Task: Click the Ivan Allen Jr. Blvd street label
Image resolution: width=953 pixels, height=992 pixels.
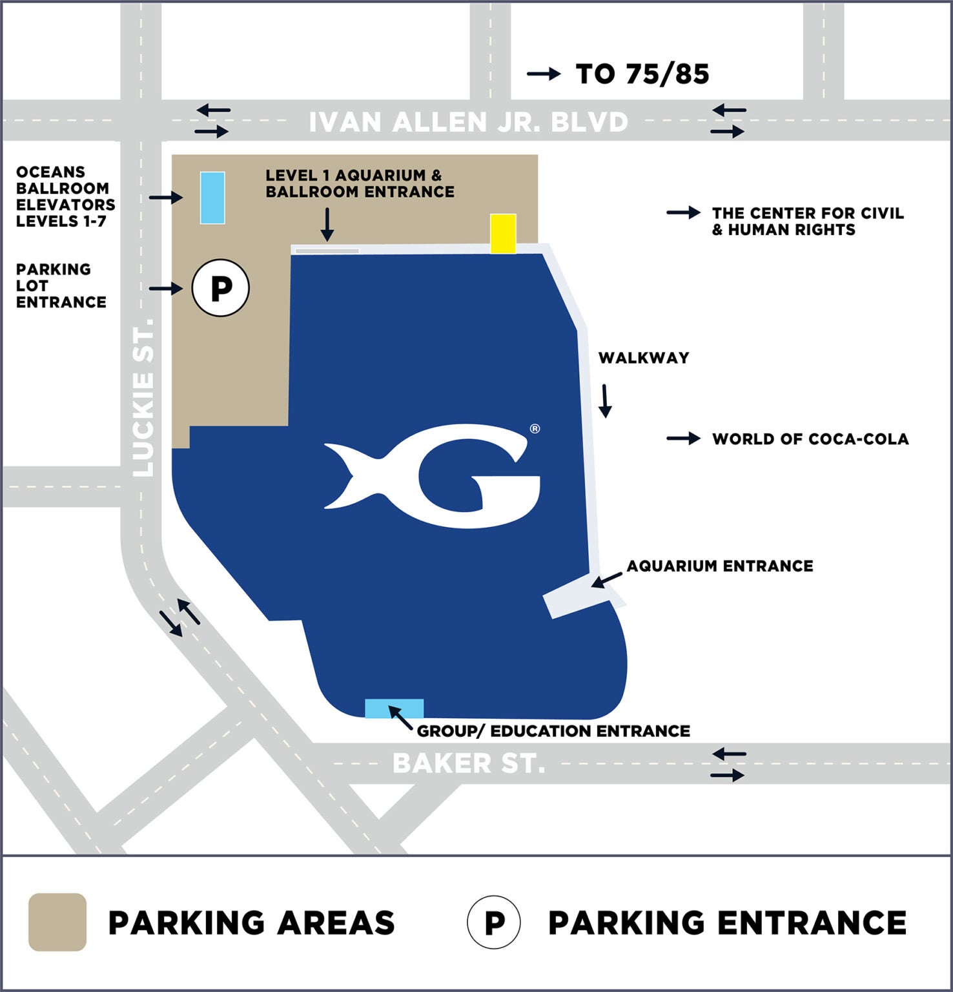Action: (x=468, y=122)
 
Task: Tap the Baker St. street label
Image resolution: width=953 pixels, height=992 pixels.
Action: (x=469, y=763)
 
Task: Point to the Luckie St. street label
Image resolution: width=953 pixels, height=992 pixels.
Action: (x=143, y=397)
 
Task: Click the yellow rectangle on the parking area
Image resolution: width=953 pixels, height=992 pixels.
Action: (x=503, y=233)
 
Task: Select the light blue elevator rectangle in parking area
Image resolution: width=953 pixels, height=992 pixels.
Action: (x=212, y=198)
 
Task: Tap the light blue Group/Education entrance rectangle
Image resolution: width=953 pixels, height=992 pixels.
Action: (x=395, y=708)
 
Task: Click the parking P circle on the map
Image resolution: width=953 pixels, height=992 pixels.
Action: (x=221, y=287)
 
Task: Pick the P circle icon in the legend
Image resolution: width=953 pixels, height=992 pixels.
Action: (x=494, y=922)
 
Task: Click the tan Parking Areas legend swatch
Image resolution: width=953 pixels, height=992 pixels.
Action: (x=57, y=922)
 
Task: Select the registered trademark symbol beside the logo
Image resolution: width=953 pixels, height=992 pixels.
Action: (x=535, y=429)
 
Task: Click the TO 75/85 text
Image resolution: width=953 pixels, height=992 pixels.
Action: (x=642, y=74)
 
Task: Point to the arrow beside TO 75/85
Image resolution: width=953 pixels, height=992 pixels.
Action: (x=544, y=74)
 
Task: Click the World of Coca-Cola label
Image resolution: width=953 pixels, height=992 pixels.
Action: (x=810, y=439)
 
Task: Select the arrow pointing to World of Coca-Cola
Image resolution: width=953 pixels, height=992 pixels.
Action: (x=683, y=439)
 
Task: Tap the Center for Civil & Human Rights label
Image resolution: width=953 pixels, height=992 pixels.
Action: (x=807, y=222)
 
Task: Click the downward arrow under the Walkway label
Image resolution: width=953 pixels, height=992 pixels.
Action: (x=605, y=401)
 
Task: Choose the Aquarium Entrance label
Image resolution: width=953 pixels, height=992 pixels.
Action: (x=720, y=566)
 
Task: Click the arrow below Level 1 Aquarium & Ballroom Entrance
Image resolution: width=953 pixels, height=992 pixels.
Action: (x=327, y=224)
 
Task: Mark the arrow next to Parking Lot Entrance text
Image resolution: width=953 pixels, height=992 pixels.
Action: (x=166, y=288)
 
